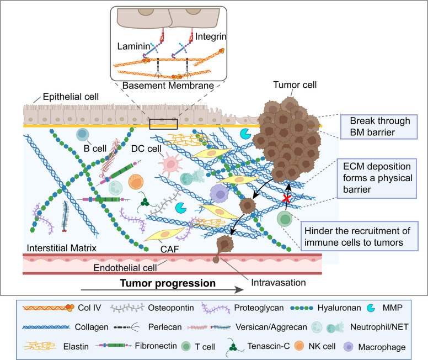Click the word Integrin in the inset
(x=211, y=36)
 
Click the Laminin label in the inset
(x=133, y=46)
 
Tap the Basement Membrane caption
(x=168, y=86)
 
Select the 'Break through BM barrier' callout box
(x=379, y=127)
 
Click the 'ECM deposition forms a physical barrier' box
(x=377, y=178)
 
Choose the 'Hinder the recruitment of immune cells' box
(x=360, y=236)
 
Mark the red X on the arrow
(x=286, y=199)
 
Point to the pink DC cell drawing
(x=170, y=165)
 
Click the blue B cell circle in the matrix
(x=82, y=135)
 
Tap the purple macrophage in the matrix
(x=219, y=194)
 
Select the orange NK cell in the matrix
(x=136, y=182)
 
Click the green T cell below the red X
(x=285, y=219)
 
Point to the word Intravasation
(x=278, y=282)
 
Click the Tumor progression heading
(x=168, y=283)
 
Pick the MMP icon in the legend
(x=371, y=308)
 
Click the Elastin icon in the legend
(x=40, y=346)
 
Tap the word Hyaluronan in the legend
(x=339, y=308)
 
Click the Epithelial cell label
(x=71, y=97)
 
